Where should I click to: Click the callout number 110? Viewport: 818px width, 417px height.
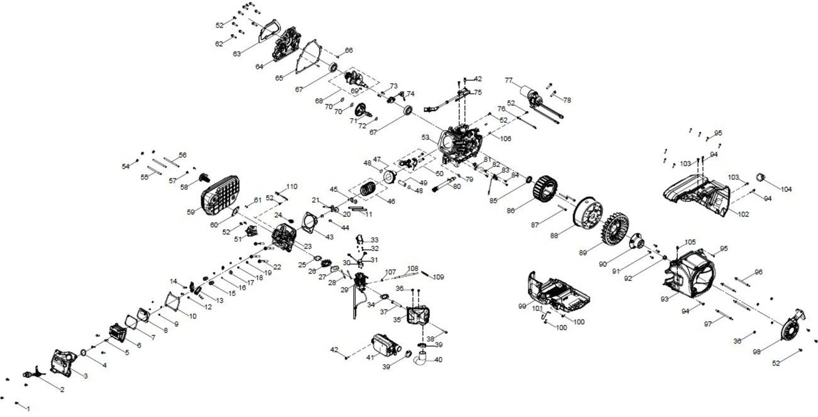[x=291, y=187]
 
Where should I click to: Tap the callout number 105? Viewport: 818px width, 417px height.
[x=690, y=242]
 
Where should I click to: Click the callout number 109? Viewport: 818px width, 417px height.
[x=439, y=277]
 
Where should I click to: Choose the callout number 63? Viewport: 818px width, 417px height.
[x=237, y=54]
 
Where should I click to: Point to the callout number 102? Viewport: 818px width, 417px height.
[x=743, y=214]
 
